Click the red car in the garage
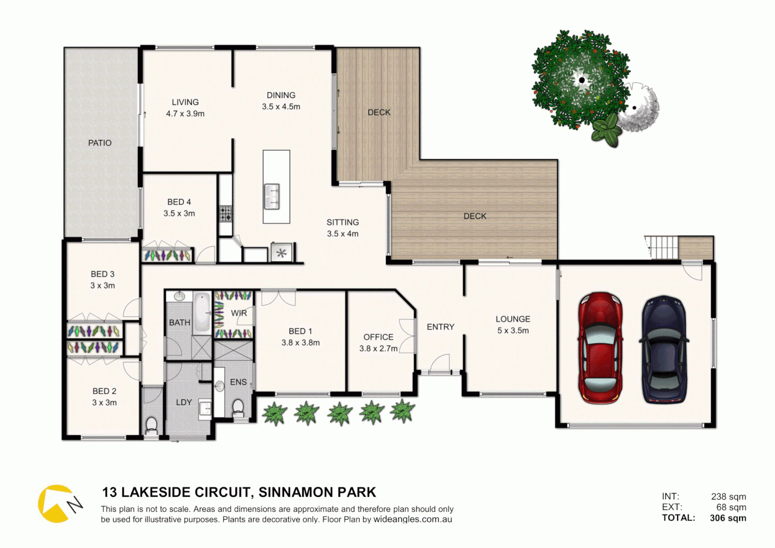(601, 348)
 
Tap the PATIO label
(100, 143)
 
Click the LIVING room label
(185, 102)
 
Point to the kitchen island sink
(272, 196)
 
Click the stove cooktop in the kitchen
(225, 214)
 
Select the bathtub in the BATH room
(202, 313)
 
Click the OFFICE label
(378, 337)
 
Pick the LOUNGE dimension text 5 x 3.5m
(513, 331)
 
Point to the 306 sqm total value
(728, 518)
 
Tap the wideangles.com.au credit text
(413, 520)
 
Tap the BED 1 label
(300, 331)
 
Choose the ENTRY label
(440, 327)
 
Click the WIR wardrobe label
(239, 313)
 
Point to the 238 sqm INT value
(728, 497)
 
